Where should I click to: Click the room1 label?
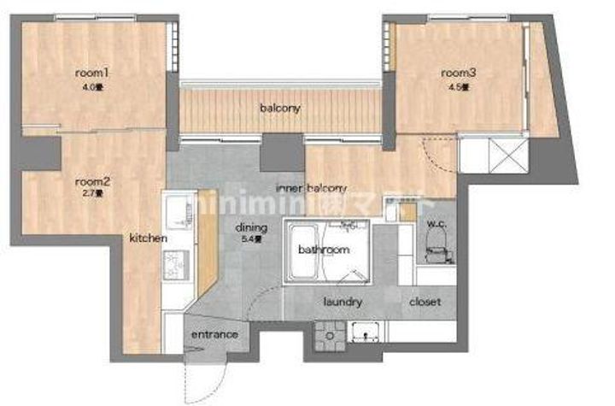tap(91, 74)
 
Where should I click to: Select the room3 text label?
tap(458, 74)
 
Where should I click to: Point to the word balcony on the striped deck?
tap(280, 109)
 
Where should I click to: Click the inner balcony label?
tap(311, 188)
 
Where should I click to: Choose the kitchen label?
tap(148, 238)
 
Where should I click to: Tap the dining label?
tap(253, 228)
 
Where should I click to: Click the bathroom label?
tap(324, 250)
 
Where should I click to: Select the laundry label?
tap(344, 302)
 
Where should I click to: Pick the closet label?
tap(425, 302)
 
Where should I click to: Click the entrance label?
tap(214, 334)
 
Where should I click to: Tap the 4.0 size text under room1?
tap(90, 86)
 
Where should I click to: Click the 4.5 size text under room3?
tap(458, 86)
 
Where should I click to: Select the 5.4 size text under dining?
tap(254, 240)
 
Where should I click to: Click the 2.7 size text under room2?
tap(91, 194)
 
